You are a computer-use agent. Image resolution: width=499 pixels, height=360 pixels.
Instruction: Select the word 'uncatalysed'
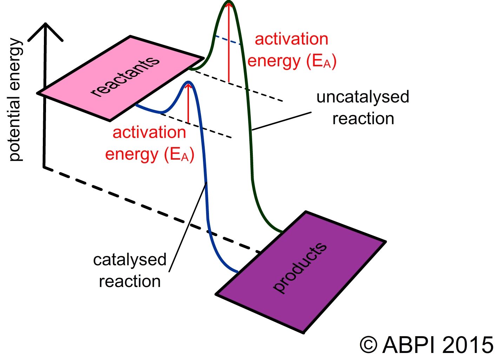(x=362, y=97)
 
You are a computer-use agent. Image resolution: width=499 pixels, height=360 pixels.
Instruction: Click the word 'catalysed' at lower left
(x=130, y=260)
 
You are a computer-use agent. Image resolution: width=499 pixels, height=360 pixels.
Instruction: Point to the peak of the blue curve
(x=189, y=83)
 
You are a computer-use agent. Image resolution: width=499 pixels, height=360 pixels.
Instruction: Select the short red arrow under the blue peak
(x=189, y=105)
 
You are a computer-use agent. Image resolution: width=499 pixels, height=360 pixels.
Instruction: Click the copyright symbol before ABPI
(x=368, y=345)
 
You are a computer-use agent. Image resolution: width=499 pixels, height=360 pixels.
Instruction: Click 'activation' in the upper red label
(x=291, y=39)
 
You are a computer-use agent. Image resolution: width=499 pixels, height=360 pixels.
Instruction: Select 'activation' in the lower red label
(x=149, y=133)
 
